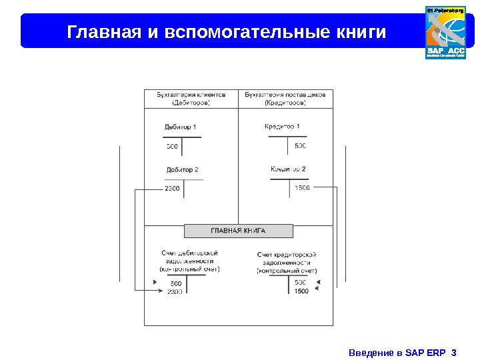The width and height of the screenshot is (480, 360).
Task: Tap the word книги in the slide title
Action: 360,31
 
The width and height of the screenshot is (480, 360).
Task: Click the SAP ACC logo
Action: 445,32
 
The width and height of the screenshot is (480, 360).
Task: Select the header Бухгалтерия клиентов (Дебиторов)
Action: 191,99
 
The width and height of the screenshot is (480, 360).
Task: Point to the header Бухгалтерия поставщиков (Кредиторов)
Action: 285,99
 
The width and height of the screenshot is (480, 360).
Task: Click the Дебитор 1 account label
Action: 180,127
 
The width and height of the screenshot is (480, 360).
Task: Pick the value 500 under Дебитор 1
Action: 172,145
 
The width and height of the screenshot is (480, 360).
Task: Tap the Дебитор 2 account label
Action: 182,169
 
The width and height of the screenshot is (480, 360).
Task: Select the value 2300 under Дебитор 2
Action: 172,188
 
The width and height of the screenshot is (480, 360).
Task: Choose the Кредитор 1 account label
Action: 282,126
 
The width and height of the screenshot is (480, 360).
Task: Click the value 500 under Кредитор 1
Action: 300,145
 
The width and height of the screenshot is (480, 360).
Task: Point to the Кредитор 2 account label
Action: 288,169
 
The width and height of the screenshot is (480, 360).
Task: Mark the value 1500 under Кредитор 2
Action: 301,187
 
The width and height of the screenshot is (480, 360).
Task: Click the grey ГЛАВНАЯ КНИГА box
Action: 238,231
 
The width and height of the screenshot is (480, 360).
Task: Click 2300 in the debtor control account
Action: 175,292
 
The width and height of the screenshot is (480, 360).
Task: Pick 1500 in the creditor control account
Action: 301,291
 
